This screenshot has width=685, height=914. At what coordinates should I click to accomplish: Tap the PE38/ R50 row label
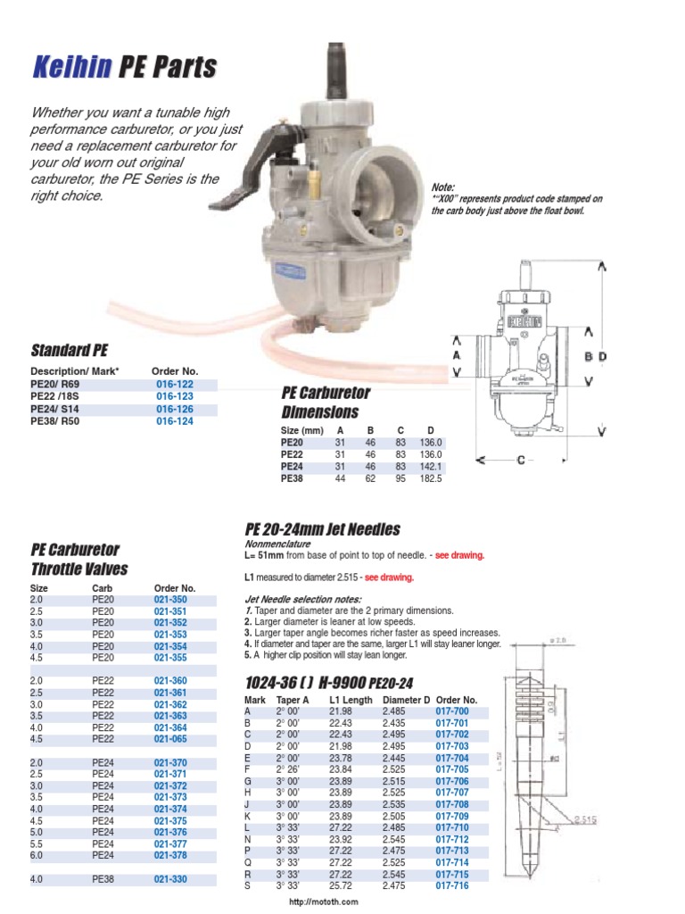55,421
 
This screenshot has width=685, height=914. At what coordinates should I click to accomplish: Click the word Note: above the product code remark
443,187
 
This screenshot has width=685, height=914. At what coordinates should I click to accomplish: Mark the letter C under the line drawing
520,461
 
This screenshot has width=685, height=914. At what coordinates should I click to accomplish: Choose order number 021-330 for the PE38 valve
170,879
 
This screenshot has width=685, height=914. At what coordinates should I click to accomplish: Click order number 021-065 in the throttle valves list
170,739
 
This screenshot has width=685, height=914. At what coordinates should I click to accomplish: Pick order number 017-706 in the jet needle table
452,782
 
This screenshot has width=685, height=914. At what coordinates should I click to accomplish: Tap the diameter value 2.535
395,805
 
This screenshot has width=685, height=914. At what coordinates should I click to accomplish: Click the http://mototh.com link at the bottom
325,902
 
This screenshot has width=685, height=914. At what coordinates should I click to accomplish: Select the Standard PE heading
69,351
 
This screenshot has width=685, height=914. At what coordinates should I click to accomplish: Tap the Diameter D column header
406,700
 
